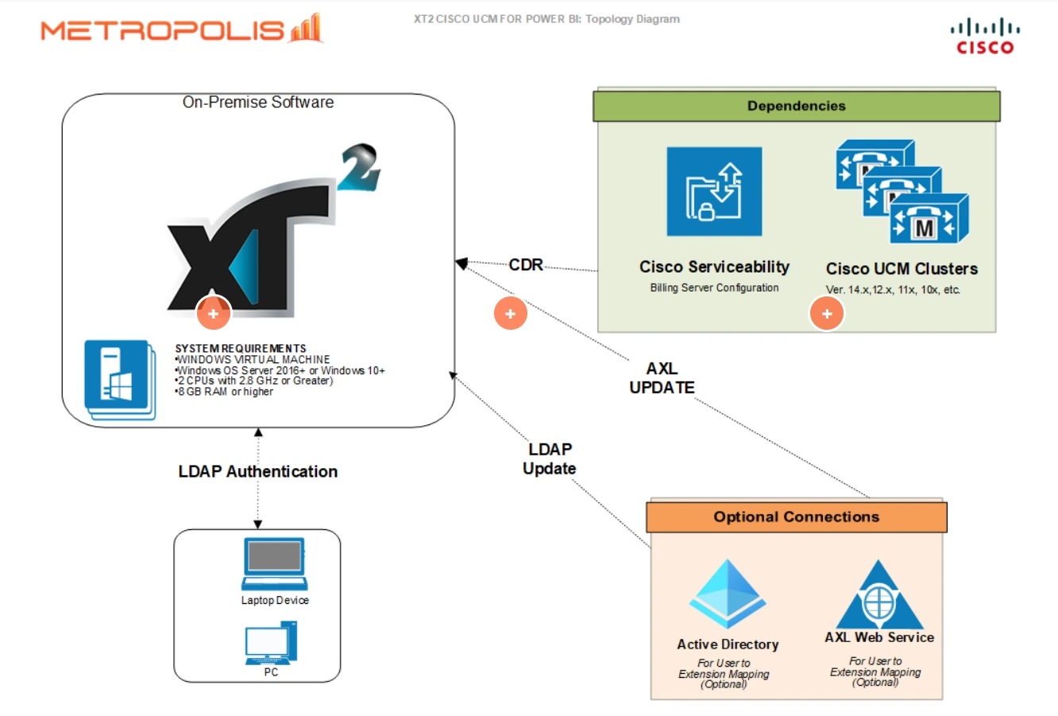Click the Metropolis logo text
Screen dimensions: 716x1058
[x=162, y=30]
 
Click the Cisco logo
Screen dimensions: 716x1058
[x=985, y=37]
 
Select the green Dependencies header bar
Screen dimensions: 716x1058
[x=796, y=106]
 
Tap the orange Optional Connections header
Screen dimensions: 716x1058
[x=796, y=517]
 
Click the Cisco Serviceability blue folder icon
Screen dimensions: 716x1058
[x=714, y=192]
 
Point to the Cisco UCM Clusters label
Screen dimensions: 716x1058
[x=902, y=269]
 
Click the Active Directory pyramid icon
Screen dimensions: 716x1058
[x=728, y=594]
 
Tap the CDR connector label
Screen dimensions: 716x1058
[x=526, y=265]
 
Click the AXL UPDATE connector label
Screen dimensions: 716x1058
[x=662, y=378]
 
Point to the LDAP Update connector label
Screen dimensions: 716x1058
[x=549, y=459]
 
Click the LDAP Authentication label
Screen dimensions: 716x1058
[x=257, y=471]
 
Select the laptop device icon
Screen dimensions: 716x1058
[x=274, y=563]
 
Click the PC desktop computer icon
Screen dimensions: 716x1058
[x=271, y=643]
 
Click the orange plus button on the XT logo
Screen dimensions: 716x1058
[x=213, y=313]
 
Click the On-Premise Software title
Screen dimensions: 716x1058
[x=258, y=102]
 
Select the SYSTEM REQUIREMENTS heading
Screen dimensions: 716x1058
[x=240, y=348]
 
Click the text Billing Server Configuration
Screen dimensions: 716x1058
[x=714, y=288]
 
